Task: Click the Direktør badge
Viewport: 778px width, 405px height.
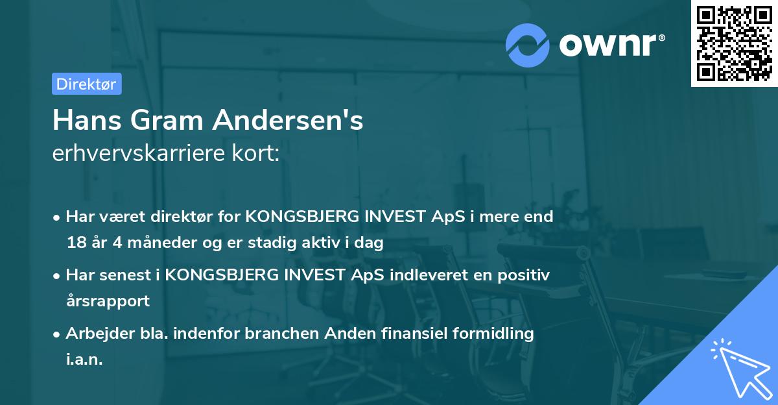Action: (86, 84)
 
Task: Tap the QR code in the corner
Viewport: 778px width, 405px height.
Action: (734, 43)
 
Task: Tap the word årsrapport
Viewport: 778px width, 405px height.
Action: (108, 301)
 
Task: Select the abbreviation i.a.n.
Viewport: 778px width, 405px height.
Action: (84, 360)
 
